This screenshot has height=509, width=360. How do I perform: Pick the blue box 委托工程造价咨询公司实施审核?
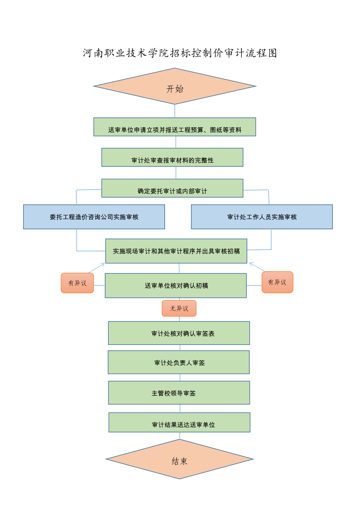pyautogui.click(x=94, y=217)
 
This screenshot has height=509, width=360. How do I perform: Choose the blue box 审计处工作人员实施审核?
pyautogui.click(x=262, y=217)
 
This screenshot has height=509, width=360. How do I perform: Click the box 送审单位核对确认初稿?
pyautogui.click(x=176, y=286)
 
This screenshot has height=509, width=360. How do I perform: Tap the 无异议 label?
pyautogui.click(x=179, y=308)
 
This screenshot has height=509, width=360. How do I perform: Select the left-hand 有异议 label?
pyautogui.click(x=77, y=283)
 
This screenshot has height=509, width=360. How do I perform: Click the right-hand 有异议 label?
pyautogui.click(x=277, y=282)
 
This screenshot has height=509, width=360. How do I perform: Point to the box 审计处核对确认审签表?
pyautogui.click(x=179, y=333)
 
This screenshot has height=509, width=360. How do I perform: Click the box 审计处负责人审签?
pyautogui.click(x=179, y=362)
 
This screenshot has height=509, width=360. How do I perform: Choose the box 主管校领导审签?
pyautogui.click(x=179, y=393)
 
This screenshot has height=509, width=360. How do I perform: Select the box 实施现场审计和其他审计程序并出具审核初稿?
pyautogui.click(x=176, y=251)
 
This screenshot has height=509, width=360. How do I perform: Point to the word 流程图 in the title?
pyautogui.click(x=262, y=53)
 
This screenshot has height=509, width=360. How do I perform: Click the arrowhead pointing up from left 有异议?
pyautogui.click(x=103, y=264)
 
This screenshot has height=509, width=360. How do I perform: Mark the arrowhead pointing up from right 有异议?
pyautogui.click(x=251, y=263)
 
